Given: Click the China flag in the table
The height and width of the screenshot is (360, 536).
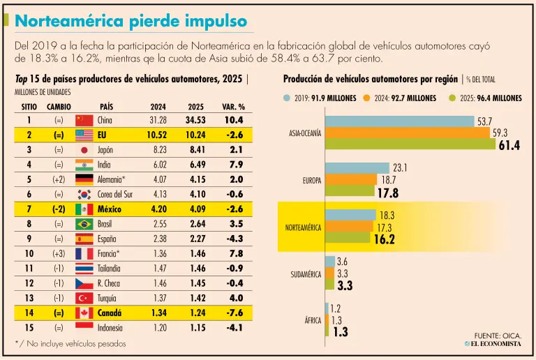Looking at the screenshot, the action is tap(84, 120).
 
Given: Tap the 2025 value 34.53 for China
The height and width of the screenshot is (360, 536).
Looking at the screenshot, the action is tap(195, 120).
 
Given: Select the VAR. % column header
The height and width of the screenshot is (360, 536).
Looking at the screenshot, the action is tap(234, 107).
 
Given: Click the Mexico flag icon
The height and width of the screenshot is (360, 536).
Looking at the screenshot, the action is tap(84, 209).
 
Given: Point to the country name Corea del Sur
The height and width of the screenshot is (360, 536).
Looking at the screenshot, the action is tap(115, 195).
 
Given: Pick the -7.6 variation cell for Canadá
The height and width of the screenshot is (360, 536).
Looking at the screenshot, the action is tap(234, 313).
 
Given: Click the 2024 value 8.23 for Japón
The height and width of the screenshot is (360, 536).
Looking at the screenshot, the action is tap(160, 150).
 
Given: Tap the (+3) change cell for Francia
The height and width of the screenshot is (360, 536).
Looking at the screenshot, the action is tap(59, 254).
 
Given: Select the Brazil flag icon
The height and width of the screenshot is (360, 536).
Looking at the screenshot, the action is tap(84, 224).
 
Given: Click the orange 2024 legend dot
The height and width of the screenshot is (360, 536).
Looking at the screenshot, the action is tap(367, 98).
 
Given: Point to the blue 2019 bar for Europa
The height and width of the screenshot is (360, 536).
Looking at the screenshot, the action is tap(357, 168).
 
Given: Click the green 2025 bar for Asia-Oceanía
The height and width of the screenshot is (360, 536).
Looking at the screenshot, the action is tap(410, 144).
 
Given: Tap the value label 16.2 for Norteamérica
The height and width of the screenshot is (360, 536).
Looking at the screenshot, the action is tap(385, 239).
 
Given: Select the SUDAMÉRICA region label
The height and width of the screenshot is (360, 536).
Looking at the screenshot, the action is tap(306, 275).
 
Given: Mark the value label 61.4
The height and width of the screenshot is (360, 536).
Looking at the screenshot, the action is tap(509, 146).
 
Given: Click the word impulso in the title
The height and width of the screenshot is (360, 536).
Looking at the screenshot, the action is tap(216, 21).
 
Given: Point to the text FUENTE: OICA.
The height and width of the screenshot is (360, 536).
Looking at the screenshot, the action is tap(498, 336).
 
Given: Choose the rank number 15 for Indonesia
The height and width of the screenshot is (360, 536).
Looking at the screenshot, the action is tap(29, 328).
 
